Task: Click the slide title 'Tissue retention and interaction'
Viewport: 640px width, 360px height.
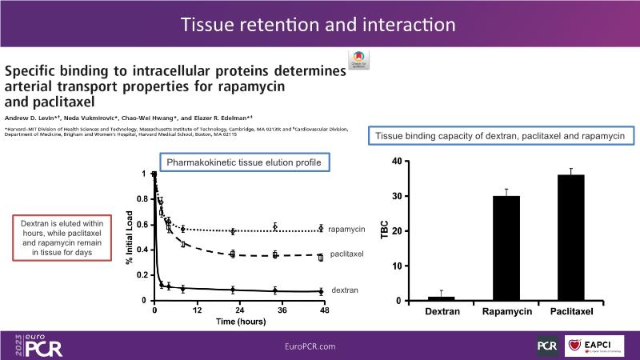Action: (319, 24)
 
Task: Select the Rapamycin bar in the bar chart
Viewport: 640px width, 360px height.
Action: (506, 248)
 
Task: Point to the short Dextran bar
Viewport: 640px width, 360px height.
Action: (441, 298)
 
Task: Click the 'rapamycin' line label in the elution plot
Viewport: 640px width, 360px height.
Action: (346, 230)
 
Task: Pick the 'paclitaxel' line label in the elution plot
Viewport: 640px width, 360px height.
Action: (347, 254)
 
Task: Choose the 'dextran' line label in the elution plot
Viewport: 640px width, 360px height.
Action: (344, 290)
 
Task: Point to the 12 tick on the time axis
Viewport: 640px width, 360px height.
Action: (197, 310)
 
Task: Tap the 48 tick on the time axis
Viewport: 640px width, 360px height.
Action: (324, 310)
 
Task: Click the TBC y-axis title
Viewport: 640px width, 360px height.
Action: (384, 230)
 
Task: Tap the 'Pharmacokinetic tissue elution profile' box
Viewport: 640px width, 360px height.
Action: (244, 163)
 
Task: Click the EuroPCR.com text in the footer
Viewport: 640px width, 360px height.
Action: (310, 346)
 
